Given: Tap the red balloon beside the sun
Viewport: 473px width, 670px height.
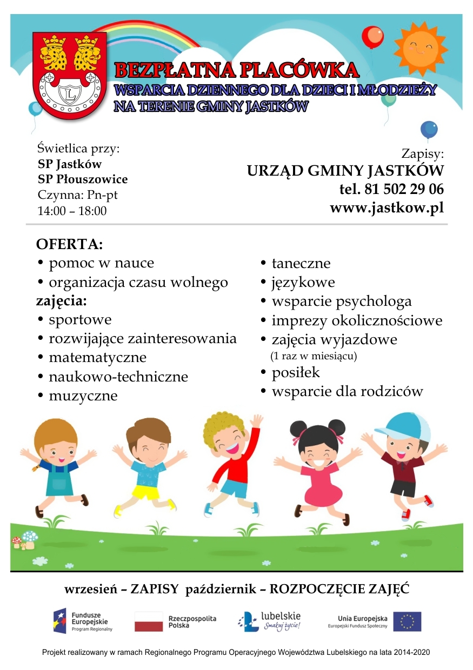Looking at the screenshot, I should coord(372,37).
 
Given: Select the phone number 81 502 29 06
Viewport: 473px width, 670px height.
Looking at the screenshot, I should coord(391,190).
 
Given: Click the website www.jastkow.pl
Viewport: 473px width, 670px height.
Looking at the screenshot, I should coord(387,208).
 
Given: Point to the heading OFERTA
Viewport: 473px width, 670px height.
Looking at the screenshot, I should coord(69,244).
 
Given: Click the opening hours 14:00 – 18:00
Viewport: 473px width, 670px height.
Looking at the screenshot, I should coord(72,211).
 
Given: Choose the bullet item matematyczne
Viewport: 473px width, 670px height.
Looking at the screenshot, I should coord(97,358).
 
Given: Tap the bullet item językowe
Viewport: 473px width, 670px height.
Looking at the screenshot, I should coord(303,282).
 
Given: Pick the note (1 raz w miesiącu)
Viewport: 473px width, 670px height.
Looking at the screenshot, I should coord(314,357).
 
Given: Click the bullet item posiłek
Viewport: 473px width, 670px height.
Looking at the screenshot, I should coord(295,373).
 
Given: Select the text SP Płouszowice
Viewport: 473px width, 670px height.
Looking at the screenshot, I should coord(83,179).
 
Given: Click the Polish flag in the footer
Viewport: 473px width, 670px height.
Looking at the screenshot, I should coord(149,622).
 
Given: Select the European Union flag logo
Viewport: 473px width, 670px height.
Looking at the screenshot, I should coord(407,622).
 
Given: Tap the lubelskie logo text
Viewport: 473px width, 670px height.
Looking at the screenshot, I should coord(280,617).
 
